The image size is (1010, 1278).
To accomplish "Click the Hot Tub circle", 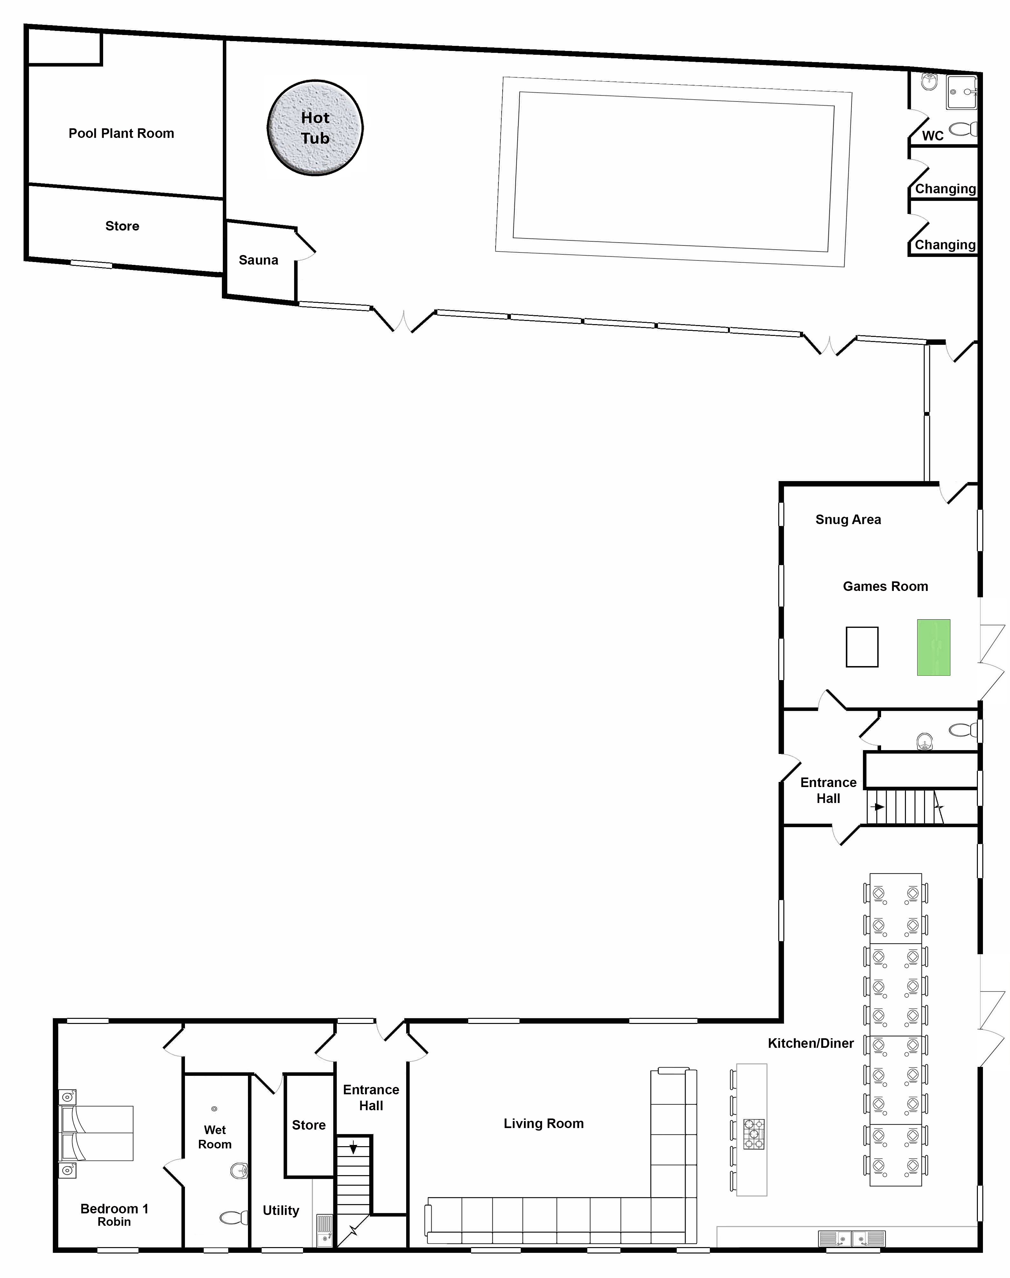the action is [x=315, y=128].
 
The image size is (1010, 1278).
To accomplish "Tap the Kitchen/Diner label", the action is [x=811, y=1043].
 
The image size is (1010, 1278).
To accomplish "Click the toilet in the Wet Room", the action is [x=234, y=1218].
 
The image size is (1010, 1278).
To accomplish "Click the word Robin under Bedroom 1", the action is [x=114, y=1222].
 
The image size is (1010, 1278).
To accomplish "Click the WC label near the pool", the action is [x=933, y=135].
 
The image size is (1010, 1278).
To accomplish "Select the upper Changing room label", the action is [x=945, y=189].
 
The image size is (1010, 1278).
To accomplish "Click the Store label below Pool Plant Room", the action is [x=123, y=226].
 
